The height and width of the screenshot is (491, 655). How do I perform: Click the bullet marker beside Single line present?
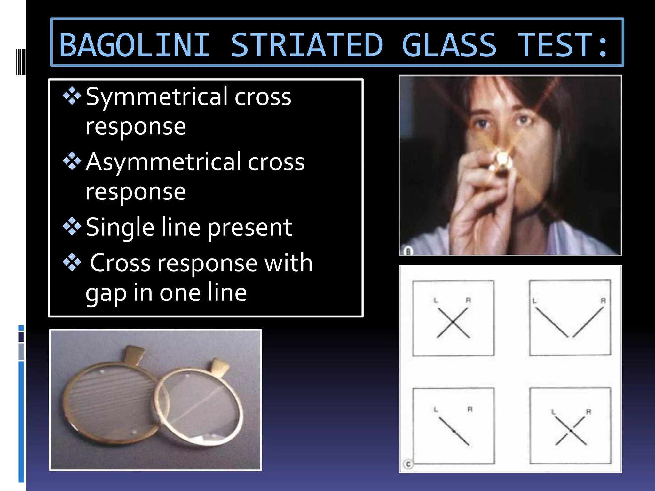72,226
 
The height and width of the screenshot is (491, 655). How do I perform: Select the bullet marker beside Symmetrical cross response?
72,96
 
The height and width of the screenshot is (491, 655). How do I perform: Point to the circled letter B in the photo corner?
408,251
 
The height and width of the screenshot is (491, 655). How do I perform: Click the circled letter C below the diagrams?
408,464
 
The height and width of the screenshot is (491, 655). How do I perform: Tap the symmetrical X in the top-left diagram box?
453,323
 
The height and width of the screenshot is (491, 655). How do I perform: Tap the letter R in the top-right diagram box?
603,301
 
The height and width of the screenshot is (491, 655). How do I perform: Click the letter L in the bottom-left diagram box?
436,409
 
